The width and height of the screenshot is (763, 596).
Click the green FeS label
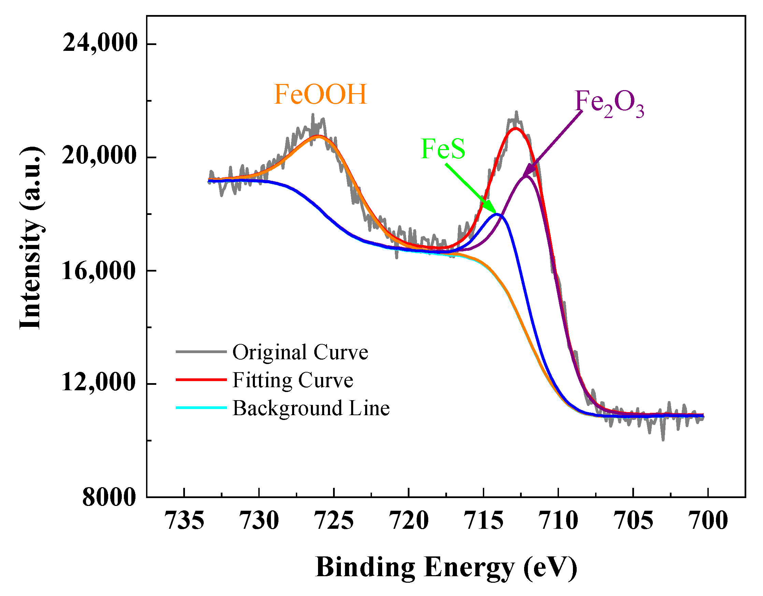pyautogui.click(x=443, y=149)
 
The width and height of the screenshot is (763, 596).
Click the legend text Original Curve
pyautogui.click(x=300, y=352)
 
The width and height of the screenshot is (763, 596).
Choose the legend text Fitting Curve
pyautogui.click(x=293, y=380)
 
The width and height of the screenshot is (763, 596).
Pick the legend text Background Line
pyautogui.click(x=311, y=408)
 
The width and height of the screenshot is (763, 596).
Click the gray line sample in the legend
pyautogui.click(x=201, y=351)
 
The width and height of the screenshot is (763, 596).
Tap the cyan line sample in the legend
pyautogui.click(x=201, y=407)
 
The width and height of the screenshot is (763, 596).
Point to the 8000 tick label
pyautogui.click(x=109, y=497)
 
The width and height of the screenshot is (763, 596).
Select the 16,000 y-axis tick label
pyautogui.click(x=99, y=271)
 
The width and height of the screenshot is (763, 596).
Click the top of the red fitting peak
pyautogui.click(x=515, y=128)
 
